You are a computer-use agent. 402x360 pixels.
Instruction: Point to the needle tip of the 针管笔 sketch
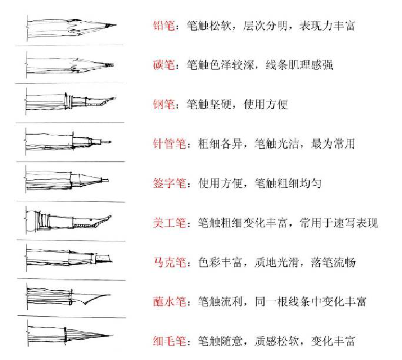pyautogui.click(x=109, y=140)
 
